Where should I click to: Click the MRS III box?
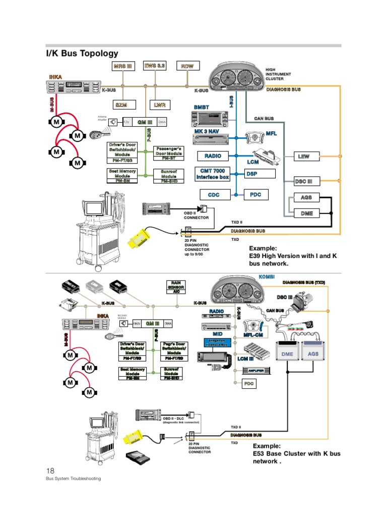pyautogui.click(x=123, y=66)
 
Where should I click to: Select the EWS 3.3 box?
pyautogui.click(x=154, y=66)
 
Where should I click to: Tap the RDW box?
pyautogui.click(x=188, y=66)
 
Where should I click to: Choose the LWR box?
pyautogui.click(x=160, y=105)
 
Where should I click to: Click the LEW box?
pyautogui.click(x=304, y=157)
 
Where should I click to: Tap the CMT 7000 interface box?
pyautogui.click(x=213, y=174)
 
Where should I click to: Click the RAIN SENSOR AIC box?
pyautogui.click(x=176, y=287)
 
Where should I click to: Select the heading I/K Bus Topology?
pyautogui.click(x=82, y=53)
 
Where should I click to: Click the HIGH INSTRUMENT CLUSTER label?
pyautogui.click(x=278, y=74)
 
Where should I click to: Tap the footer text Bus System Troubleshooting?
pyautogui.click(x=74, y=479)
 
